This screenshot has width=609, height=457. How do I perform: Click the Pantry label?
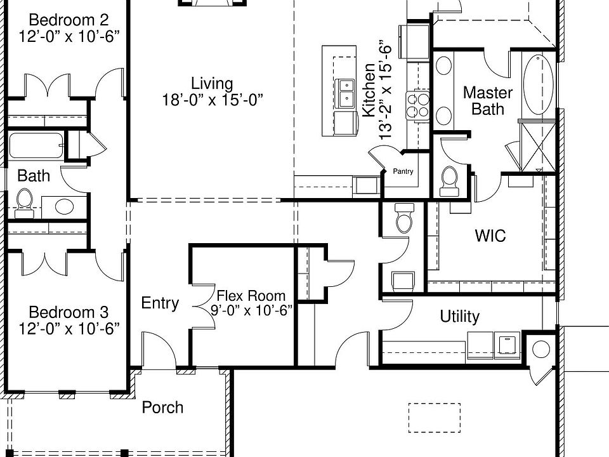(403, 171)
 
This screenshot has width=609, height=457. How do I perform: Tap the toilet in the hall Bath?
(25, 200)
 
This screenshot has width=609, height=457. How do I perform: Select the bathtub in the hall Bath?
(36, 146)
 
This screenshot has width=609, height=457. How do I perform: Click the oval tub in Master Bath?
(538, 85)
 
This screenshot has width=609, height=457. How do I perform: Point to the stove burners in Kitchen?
(419, 105)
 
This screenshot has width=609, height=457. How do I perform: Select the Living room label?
(212, 83)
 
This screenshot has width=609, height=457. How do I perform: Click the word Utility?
(459, 316)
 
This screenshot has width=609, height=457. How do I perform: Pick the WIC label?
(490, 236)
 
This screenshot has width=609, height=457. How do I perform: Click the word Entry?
(160, 303)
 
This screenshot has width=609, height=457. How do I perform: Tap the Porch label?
(162, 407)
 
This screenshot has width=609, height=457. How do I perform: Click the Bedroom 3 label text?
(69, 312)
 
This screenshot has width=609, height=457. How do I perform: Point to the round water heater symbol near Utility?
(541, 349)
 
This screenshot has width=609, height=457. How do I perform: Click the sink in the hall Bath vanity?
(63, 206)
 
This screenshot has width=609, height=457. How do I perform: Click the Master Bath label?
(488, 100)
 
